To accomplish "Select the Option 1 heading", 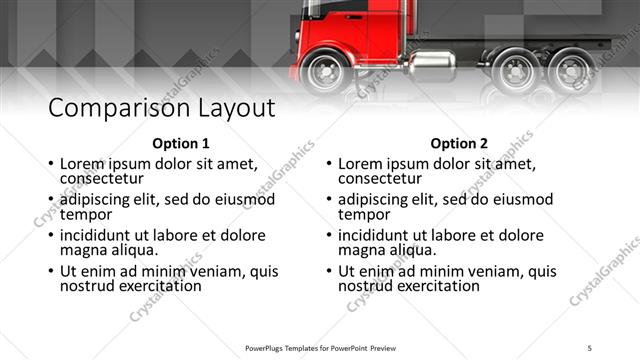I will (181, 142).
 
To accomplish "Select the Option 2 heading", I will (460, 142).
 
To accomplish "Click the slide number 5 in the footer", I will (590, 347).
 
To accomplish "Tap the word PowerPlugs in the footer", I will (268, 347).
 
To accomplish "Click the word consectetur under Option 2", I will (380, 178).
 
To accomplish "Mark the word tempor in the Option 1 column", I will (83, 213).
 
